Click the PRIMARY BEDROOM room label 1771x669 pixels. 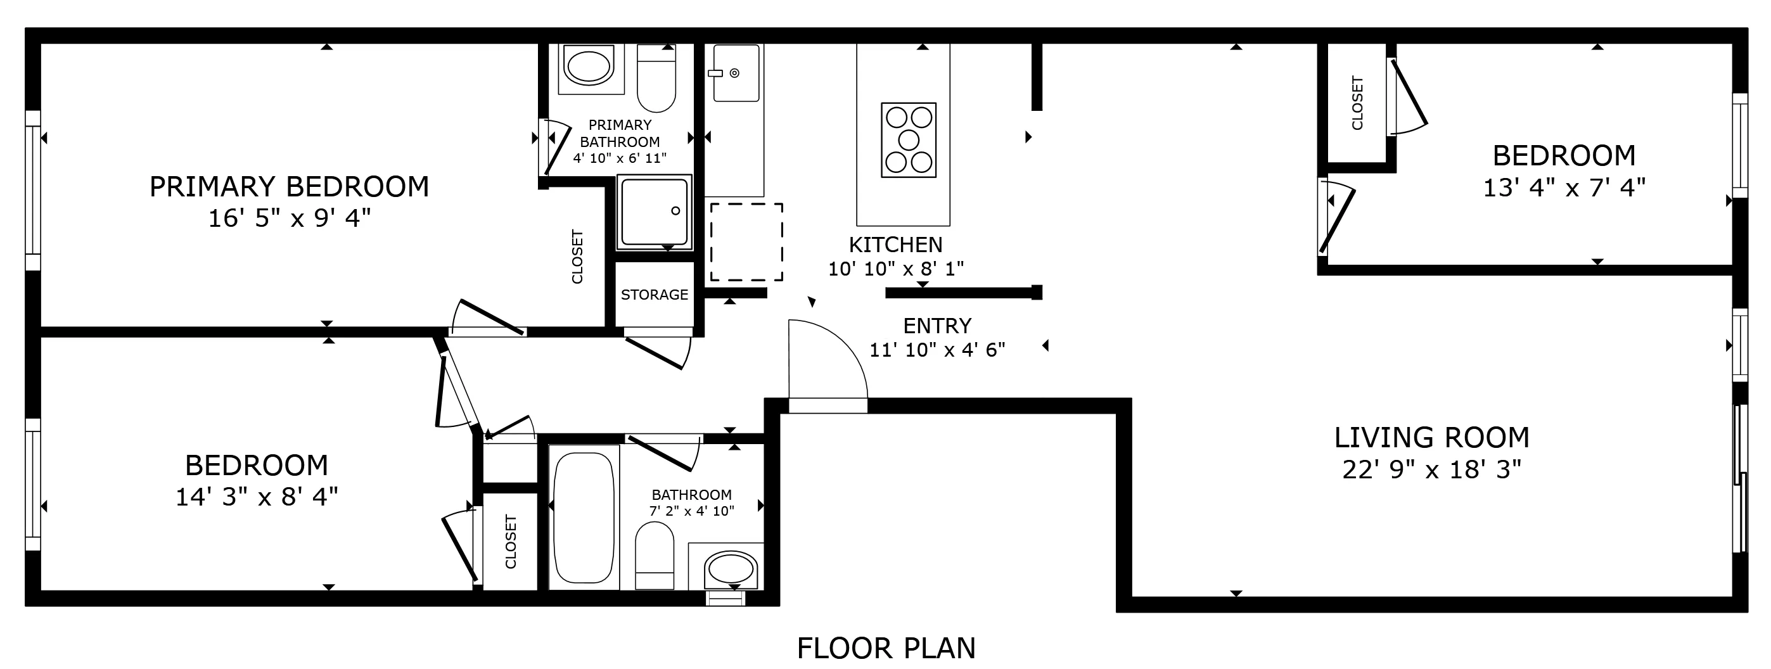(x=289, y=187)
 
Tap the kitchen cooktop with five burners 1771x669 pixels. (x=908, y=140)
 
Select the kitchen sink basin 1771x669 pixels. (x=736, y=73)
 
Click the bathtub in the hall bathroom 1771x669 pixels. (x=584, y=517)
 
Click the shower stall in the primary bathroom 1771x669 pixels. (x=654, y=212)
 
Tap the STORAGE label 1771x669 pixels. (x=654, y=295)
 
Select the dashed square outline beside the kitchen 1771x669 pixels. (x=746, y=242)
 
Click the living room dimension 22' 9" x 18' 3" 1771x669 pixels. (x=1431, y=470)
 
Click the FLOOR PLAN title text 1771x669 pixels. (x=886, y=648)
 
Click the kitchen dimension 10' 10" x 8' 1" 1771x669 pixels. (x=895, y=269)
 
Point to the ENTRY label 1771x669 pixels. (x=937, y=325)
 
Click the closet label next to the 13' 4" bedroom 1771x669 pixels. (x=1357, y=103)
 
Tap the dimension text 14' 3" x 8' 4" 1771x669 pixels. (x=257, y=497)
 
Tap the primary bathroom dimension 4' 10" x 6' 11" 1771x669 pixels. (x=620, y=158)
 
